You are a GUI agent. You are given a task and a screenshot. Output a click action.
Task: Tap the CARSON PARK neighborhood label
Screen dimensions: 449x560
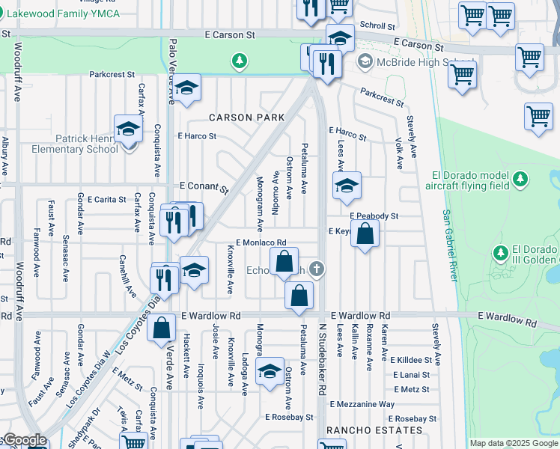[246, 117]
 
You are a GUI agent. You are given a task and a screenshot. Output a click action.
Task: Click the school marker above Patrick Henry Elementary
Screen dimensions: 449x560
[128, 129]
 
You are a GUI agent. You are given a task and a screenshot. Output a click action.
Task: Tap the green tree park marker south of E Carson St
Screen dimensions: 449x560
[239, 60]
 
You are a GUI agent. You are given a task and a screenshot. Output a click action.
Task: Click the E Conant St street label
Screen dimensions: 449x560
[204, 187]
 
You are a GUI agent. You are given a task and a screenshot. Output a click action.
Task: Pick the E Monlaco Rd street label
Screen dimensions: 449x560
[261, 242]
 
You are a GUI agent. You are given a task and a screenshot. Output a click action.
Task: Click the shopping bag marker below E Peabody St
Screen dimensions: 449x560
[365, 235]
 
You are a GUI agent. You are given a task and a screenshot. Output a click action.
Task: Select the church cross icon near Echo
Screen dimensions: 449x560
[317, 269]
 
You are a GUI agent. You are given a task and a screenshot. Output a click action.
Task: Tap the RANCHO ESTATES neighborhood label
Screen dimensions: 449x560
[374, 430]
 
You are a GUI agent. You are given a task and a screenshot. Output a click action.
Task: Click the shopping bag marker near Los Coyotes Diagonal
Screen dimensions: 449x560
[162, 327]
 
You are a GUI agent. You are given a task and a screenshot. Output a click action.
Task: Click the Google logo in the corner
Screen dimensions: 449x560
[24, 440]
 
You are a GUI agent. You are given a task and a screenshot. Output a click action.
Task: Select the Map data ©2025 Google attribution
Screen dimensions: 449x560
[514, 443]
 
